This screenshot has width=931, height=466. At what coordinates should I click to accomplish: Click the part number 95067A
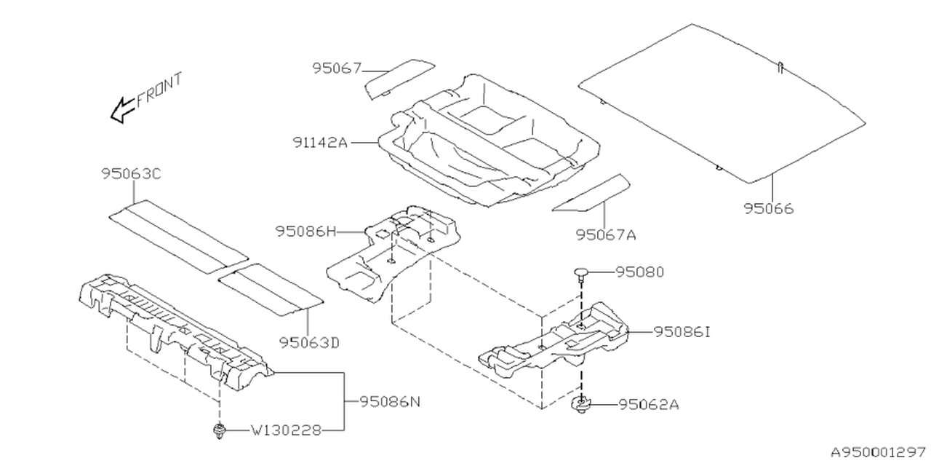click(606, 234)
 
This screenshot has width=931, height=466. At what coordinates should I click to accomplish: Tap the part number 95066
click(769, 209)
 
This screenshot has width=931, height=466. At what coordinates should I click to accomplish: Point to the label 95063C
click(131, 174)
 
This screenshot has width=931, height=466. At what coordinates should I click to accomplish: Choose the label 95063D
click(308, 341)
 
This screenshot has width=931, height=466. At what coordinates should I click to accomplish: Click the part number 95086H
click(306, 232)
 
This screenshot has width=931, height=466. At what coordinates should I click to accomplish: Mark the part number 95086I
click(682, 331)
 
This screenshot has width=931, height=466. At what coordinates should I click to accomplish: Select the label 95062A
click(649, 404)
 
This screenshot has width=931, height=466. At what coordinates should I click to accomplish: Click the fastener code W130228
click(286, 430)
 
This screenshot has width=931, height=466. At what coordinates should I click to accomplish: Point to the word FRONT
click(159, 89)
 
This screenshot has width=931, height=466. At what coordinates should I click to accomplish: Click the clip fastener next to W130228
click(217, 432)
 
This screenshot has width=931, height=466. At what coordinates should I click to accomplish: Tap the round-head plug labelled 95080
click(581, 273)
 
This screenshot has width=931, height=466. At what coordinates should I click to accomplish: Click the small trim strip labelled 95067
click(399, 76)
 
